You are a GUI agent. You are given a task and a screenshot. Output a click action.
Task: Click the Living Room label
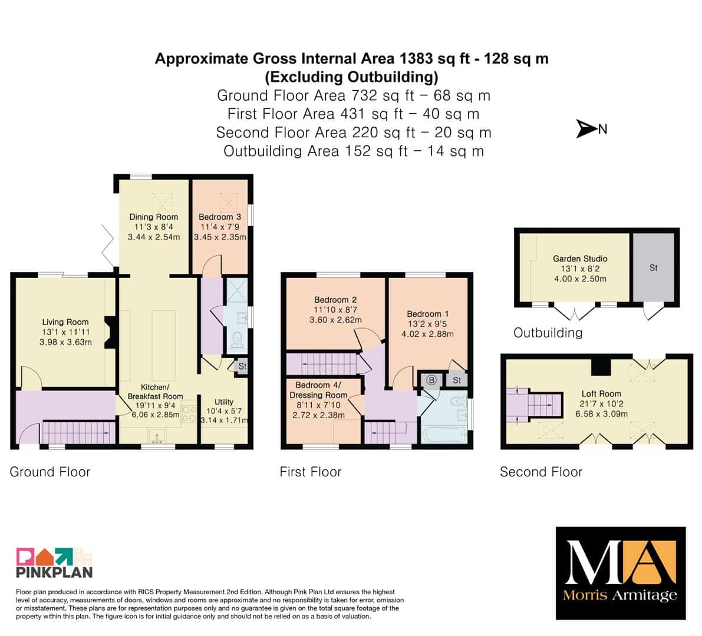[65, 322]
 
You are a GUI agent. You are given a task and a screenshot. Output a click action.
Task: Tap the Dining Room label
[154, 217]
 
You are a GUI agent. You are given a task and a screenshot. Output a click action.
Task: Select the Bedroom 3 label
[220, 217]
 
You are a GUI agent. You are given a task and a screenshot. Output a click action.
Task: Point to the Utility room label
[224, 402]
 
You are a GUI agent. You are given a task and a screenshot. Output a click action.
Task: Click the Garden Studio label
[580, 259]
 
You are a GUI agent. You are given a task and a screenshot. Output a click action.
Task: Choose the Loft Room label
[601, 394]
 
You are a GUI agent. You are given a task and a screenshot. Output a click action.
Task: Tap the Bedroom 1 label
[427, 314]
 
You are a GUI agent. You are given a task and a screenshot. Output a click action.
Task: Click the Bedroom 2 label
[335, 300]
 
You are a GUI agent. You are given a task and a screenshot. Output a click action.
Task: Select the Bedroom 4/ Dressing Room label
[318, 390]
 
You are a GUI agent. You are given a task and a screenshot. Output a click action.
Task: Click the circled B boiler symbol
[431, 380]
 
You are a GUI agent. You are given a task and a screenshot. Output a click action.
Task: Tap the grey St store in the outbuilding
[653, 267]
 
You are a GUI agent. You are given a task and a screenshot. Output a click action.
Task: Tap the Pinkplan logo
[54, 562]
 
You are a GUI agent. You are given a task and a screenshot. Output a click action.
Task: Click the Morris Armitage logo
[621, 574]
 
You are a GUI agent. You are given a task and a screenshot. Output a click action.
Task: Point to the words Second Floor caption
[541, 472]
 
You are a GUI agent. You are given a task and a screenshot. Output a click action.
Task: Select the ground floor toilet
[238, 339]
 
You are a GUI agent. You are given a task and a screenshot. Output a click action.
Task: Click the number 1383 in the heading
[416, 58]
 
